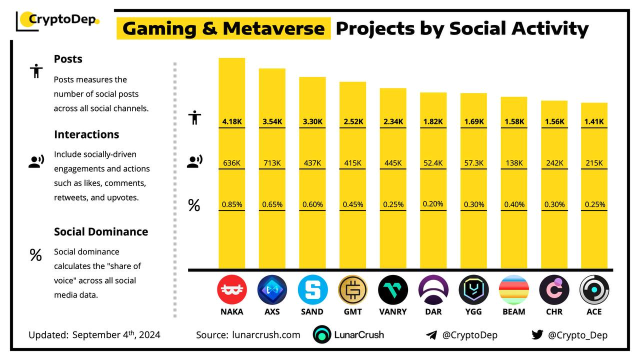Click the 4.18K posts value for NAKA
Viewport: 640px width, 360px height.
pos(231,121)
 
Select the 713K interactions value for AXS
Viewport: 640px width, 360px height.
pos(272,163)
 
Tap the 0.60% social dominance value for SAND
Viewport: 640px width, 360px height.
pos(312,204)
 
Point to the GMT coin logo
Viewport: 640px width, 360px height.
pos(352,290)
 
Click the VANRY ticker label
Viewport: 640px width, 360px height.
pos(393,311)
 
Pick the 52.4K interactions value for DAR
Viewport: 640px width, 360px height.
pos(433,163)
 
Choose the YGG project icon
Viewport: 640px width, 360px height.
pos(473,290)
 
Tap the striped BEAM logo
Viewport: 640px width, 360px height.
pos(514,290)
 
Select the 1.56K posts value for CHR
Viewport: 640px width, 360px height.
pos(554,121)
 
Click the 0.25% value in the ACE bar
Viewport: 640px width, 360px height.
pos(594,204)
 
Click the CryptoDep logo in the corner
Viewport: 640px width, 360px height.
pos(58,20)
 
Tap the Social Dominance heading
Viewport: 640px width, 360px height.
pos(101,231)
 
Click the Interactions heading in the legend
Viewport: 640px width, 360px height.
pos(86,134)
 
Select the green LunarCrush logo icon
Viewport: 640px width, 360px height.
pos(322,334)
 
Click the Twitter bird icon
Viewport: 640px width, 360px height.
pos(537,334)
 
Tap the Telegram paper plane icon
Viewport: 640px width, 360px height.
pos(431,335)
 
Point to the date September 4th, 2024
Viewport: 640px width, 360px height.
pos(116,334)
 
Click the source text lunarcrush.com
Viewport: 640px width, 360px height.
pos(266,335)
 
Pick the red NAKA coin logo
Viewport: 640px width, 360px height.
pos(232,290)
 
